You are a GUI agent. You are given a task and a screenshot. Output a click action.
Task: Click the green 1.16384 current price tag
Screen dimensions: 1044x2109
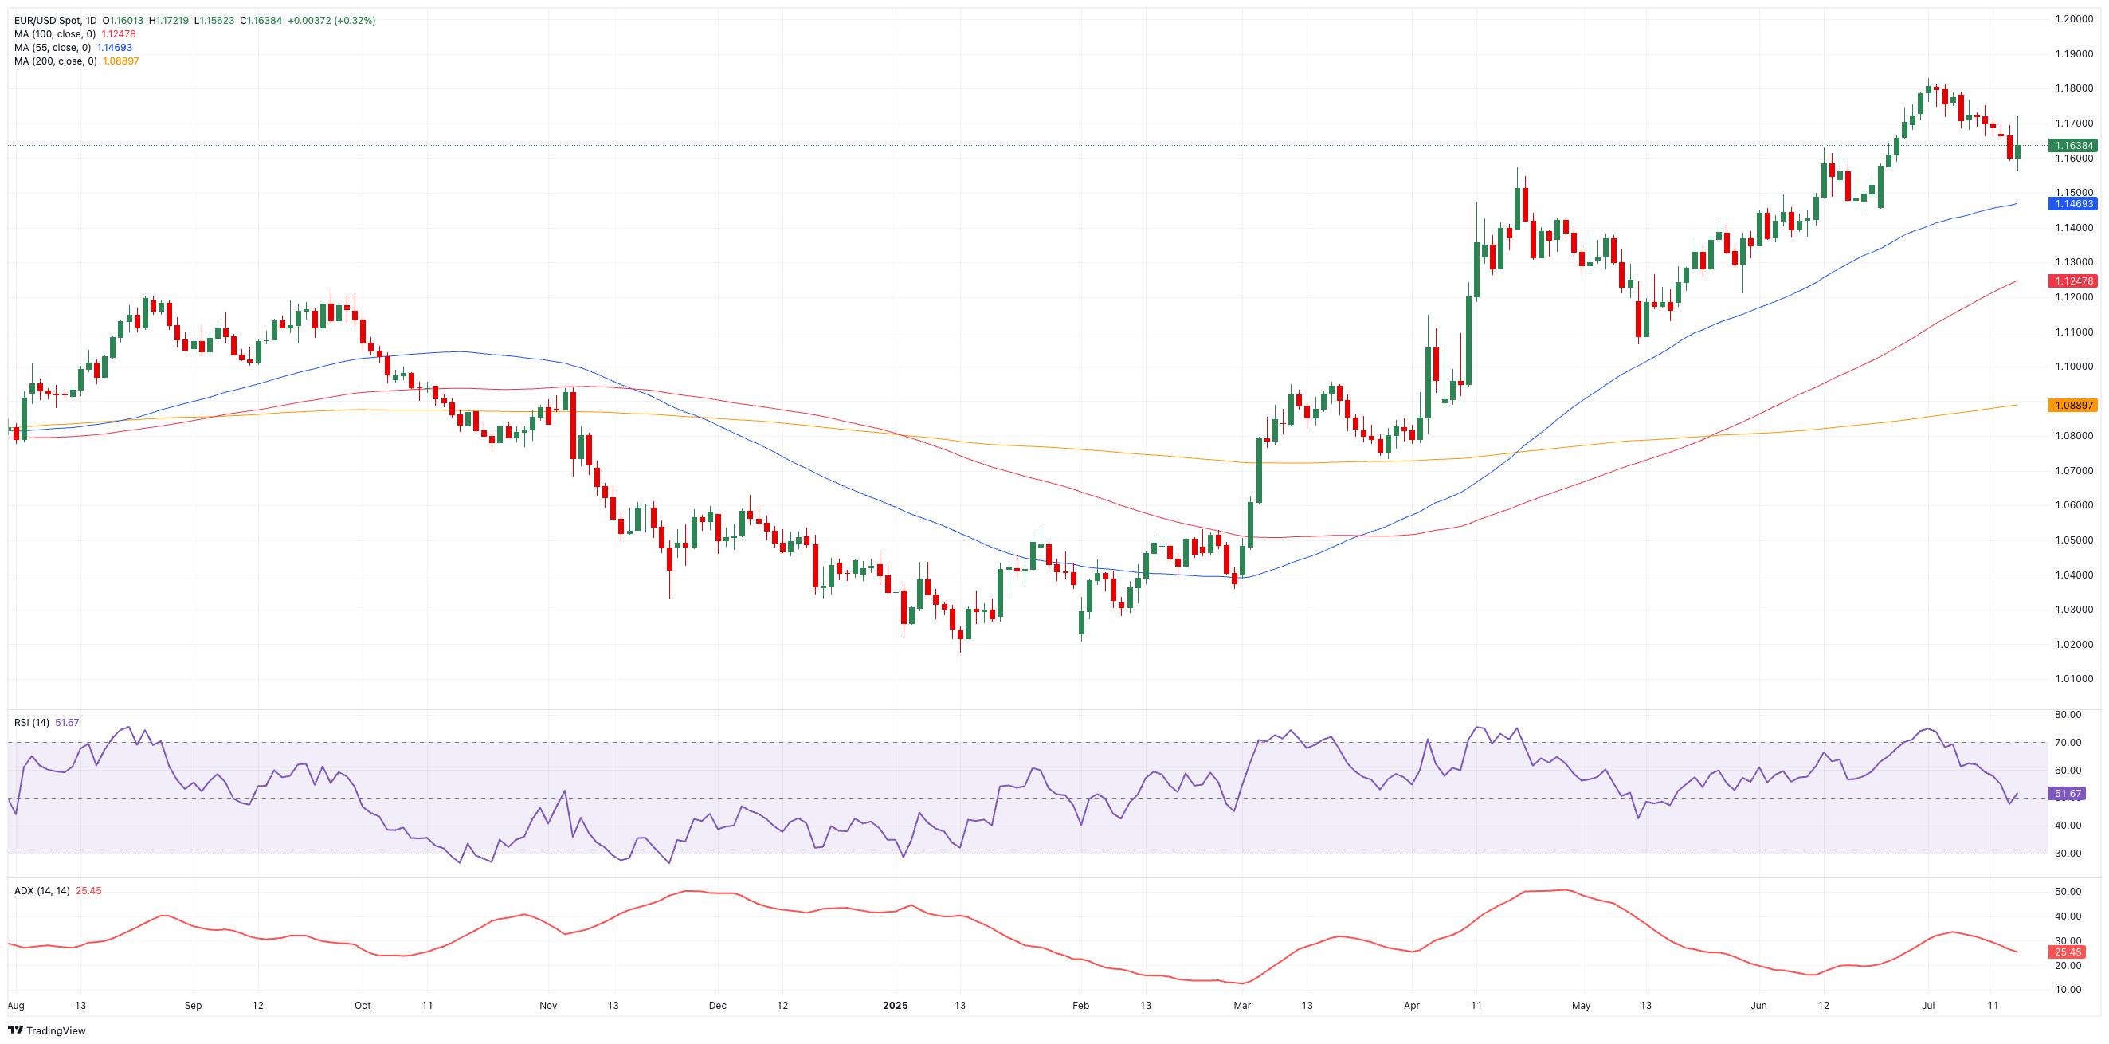[2072, 146]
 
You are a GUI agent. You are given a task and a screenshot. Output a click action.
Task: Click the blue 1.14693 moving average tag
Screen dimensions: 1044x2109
[2072, 204]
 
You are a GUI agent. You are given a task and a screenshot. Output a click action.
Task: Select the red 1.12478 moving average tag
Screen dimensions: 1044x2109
[2072, 281]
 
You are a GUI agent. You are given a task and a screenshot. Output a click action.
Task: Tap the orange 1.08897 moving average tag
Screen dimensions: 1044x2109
[2072, 406]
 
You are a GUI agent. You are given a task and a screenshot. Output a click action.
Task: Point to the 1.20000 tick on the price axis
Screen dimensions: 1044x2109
[2073, 19]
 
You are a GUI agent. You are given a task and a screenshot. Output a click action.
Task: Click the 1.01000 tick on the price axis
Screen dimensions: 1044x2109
[2073, 679]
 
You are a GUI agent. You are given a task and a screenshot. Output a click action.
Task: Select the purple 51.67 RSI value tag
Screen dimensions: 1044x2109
[2068, 794]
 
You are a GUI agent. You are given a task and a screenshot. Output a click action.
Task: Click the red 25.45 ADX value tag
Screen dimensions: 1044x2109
[2068, 952]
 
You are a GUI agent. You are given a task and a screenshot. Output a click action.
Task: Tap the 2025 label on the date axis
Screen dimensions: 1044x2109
[895, 1006]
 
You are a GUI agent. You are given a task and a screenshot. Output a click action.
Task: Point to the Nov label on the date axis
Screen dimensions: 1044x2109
[547, 1006]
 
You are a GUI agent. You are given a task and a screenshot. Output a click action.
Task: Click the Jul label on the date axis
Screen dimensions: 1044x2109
[1928, 1006]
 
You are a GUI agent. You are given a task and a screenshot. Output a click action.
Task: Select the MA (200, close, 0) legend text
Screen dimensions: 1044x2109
[55, 61]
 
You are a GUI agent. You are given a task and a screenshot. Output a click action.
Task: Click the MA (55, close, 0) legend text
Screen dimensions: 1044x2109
[53, 48]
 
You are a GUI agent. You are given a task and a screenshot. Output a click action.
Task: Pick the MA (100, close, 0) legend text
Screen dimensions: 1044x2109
[55, 34]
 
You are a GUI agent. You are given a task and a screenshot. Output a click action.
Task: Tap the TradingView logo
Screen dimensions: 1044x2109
[47, 1031]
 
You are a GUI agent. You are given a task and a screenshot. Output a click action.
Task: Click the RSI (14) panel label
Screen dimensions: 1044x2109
[31, 722]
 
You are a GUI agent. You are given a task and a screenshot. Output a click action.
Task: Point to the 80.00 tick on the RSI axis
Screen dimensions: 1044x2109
[2068, 715]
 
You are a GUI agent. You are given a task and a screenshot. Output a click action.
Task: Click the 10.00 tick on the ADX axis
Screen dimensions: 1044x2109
[2068, 990]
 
